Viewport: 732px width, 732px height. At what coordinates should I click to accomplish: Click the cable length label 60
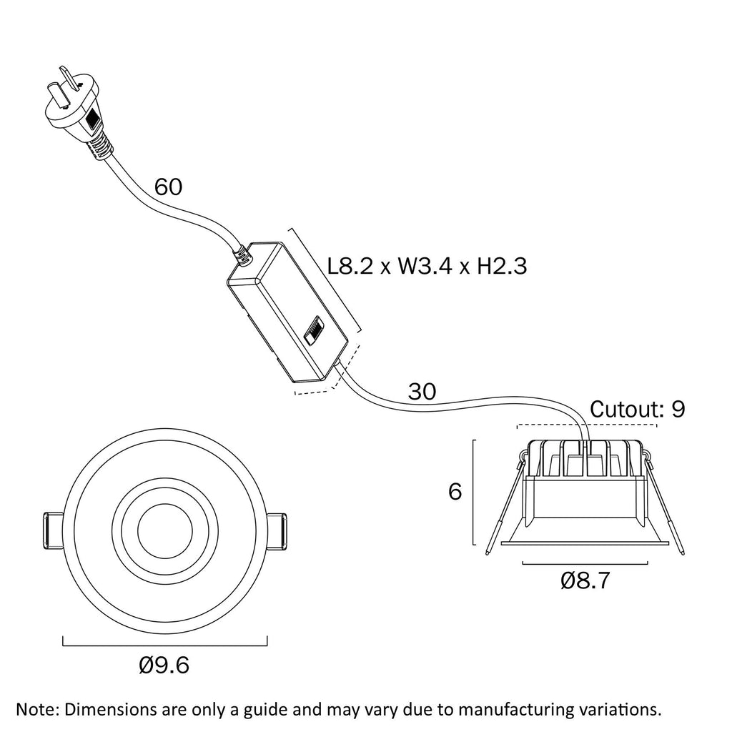pyautogui.click(x=169, y=187)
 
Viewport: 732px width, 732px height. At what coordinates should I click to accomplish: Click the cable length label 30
pyautogui.click(x=422, y=391)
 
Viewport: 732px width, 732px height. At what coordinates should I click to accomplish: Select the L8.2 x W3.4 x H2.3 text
pyautogui.click(x=427, y=267)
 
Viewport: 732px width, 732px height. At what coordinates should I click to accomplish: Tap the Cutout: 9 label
pyautogui.click(x=638, y=409)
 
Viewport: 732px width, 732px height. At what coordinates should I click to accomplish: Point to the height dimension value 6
pyautogui.click(x=455, y=492)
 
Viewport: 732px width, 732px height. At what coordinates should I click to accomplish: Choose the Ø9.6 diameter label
pyautogui.click(x=164, y=666)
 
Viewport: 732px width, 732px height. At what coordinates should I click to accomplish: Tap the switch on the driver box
pyautogui.click(x=314, y=334)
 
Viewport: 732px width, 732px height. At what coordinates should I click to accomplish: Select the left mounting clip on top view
pyautogui.click(x=54, y=530)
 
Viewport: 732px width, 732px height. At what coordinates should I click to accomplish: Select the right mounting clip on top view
pyautogui.click(x=276, y=530)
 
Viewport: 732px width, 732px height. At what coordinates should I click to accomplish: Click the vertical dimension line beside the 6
pyautogui.click(x=474, y=493)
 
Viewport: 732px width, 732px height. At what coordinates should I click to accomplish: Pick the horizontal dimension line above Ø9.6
pyautogui.click(x=164, y=640)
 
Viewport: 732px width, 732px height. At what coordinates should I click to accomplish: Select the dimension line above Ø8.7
pyautogui.click(x=585, y=564)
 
